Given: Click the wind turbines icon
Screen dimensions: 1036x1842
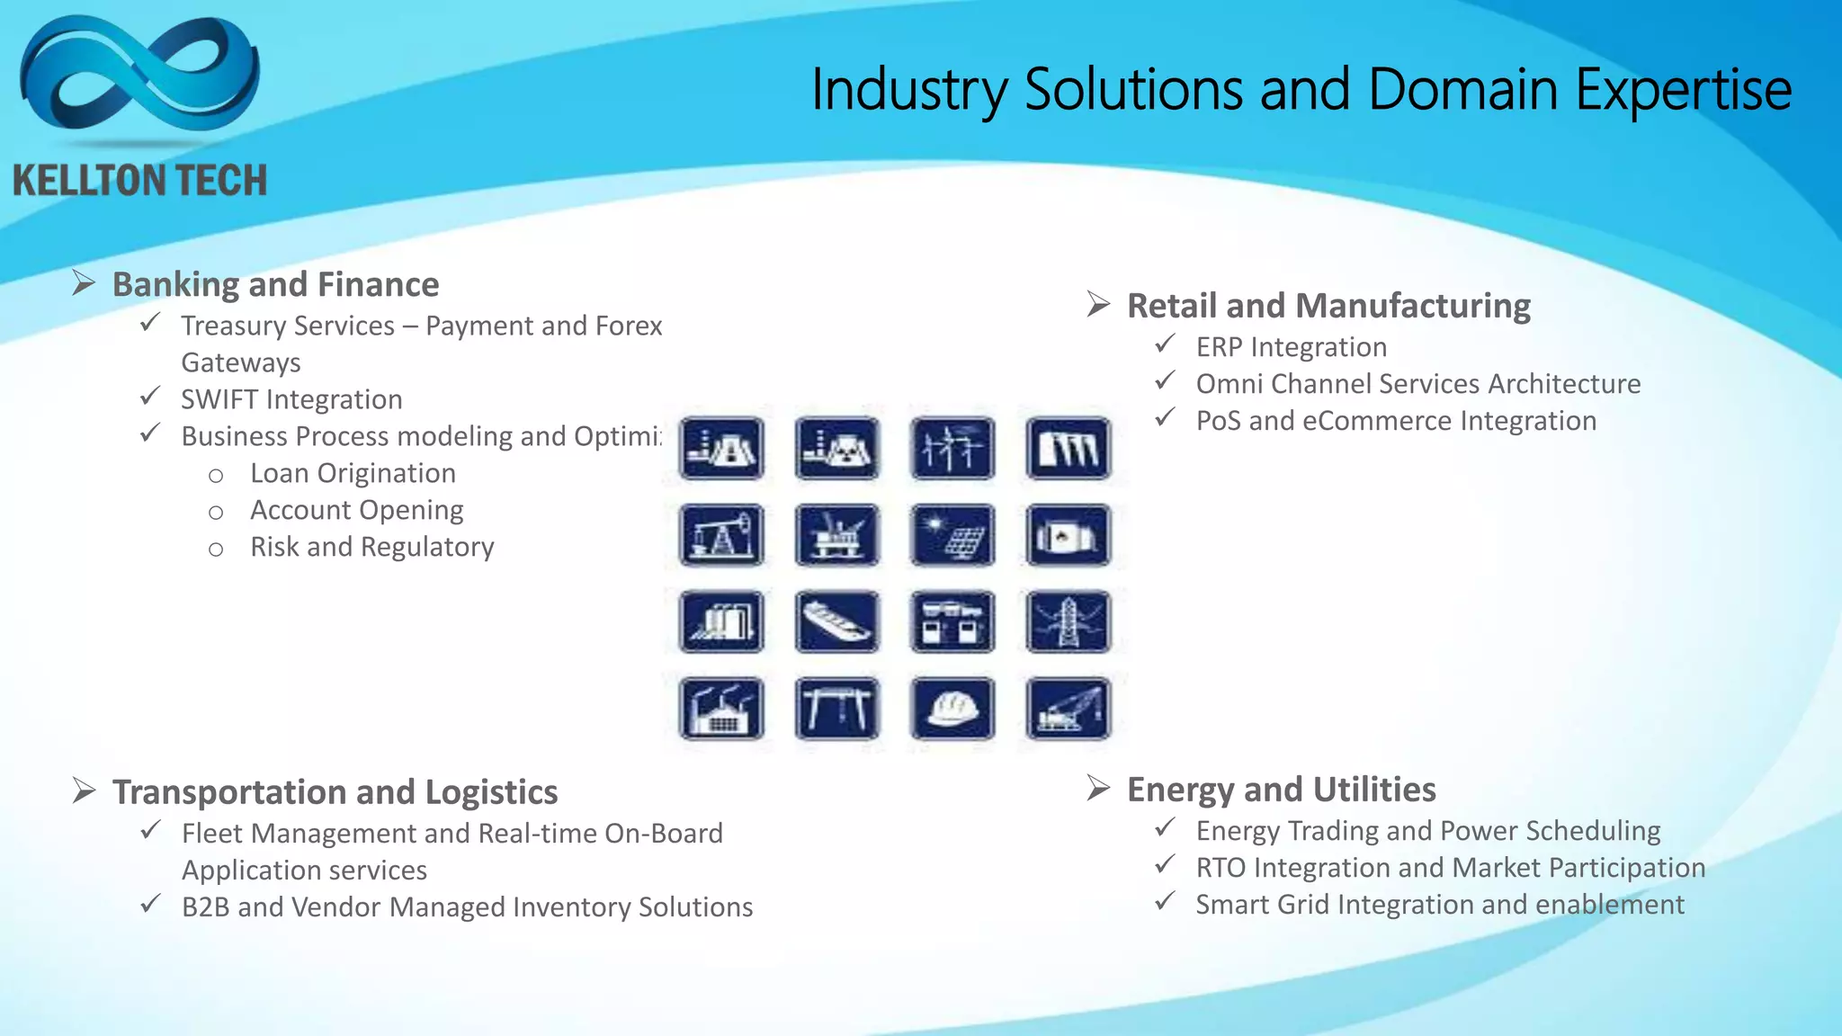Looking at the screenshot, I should (952, 448).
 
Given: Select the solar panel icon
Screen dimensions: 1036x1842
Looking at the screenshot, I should (952, 535).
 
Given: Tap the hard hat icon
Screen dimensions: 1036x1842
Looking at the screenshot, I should (952, 709).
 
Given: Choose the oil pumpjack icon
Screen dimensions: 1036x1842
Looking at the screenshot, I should (721, 535).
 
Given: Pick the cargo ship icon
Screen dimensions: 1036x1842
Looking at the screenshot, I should (836, 621).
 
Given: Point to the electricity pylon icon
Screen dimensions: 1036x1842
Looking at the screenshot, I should (1068, 621).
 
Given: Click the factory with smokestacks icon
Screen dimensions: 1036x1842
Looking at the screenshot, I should (721, 709).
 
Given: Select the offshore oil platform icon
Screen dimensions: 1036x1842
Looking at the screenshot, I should (836, 535).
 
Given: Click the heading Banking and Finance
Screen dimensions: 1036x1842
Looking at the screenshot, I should (275, 285).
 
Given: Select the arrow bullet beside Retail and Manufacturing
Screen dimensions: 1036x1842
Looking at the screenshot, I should (1097, 305).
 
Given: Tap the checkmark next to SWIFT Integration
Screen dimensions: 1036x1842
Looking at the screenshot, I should (150, 397).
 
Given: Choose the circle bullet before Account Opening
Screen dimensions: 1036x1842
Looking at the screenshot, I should (216, 513).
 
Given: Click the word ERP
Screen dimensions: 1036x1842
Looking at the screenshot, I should (1219, 347).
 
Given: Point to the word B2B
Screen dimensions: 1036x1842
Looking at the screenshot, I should (205, 907).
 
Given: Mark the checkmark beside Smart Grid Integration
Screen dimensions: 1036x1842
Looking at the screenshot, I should (1165, 901).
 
